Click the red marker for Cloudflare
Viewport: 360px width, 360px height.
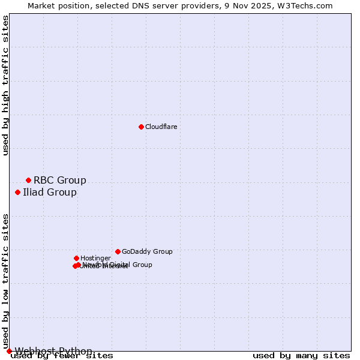tap(141, 127)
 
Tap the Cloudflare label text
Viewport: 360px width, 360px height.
tap(161, 127)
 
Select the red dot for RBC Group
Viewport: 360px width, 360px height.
tap(28, 180)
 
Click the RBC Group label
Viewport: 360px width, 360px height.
tap(59, 180)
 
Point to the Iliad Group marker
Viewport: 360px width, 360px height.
tap(18, 192)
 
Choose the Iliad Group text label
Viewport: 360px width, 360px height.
tap(49, 192)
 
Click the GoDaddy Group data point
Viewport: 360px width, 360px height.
tap(118, 251)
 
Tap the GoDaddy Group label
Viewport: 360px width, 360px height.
tap(146, 251)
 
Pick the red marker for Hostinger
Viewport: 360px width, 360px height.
tap(76, 258)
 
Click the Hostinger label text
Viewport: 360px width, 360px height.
tap(95, 258)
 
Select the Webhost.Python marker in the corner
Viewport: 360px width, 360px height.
tap(9, 351)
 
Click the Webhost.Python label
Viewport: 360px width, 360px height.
tap(53, 351)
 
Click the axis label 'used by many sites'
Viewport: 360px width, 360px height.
tap(301, 356)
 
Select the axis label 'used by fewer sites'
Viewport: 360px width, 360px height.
tap(62, 356)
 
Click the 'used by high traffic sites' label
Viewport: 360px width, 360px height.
tap(5, 85)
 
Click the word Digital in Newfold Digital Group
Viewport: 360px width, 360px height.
tap(120, 265)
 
